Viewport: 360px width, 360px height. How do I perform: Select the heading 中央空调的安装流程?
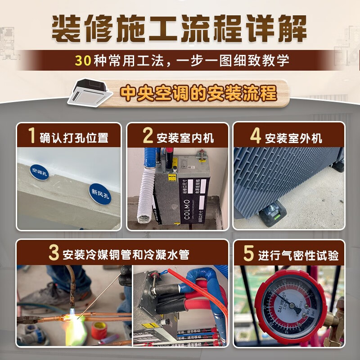(x=198, y=94)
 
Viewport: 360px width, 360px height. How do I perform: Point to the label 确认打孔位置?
(x=74, y=137)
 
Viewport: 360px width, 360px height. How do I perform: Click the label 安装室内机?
(x=185, y=137)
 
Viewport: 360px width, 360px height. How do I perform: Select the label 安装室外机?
(x=293, y=137)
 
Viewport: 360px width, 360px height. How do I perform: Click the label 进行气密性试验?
(x=298, y=255)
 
